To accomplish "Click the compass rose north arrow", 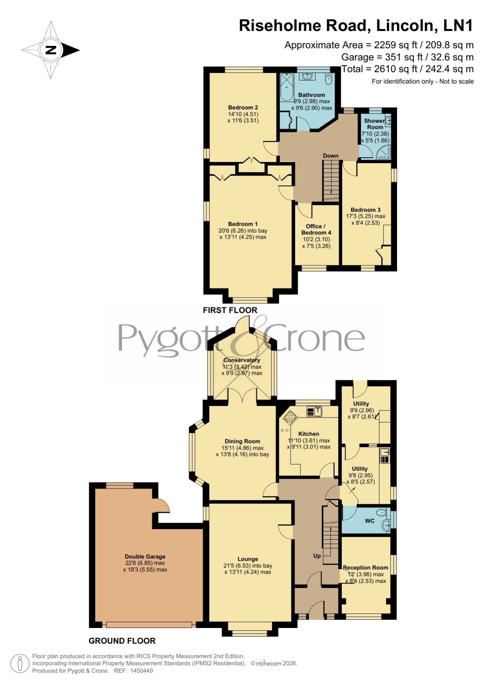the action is [x=51, y=50].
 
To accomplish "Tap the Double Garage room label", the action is [x=145, y=556].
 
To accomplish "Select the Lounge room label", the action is [x=248, y=559].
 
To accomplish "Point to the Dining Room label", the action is [x=242, y=441].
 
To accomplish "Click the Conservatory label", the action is [x=242, y=360].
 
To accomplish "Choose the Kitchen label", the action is [x=309, y=434].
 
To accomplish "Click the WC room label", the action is [x=370, y=521].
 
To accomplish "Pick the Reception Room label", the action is [x=365, y=567].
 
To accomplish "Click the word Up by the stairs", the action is [x=317, y=555].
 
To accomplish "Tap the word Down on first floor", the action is [x=331, y=156].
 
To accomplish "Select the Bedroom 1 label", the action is [x=243, y=224].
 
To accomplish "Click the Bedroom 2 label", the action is [x=243, y=107].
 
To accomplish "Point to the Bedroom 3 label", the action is [x=365, y=210].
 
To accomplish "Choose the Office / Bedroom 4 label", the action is [x=316, y=229].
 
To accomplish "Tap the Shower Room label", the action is [x=375, y=124].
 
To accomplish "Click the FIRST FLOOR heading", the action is [x=230, y=310].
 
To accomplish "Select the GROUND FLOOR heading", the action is [x=122, y=641].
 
